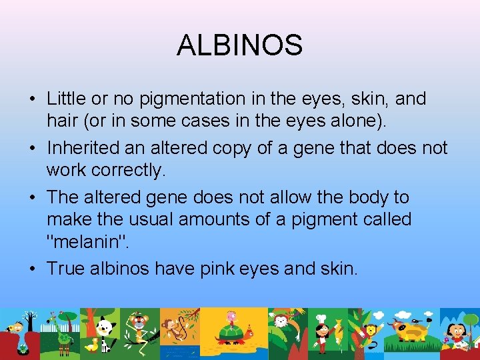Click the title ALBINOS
pyautogui.click(x=239, y=45)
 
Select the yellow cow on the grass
pyautogui.click(x=403, y=329)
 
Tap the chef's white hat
pyautogui.click(x=321, y=318)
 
